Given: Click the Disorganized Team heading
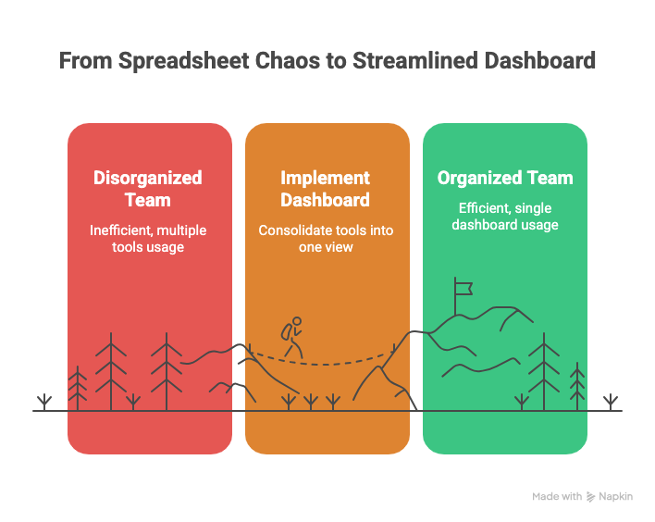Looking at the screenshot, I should [148, 188].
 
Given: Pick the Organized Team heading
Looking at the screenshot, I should [505, 178].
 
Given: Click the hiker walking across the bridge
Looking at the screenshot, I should [293, 338].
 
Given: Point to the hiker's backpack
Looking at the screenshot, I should [289, 331].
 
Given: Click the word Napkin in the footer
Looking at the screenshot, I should [616, 497].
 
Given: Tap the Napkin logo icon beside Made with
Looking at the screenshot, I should [591, 497].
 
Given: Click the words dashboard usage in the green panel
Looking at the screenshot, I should [505, 225].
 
